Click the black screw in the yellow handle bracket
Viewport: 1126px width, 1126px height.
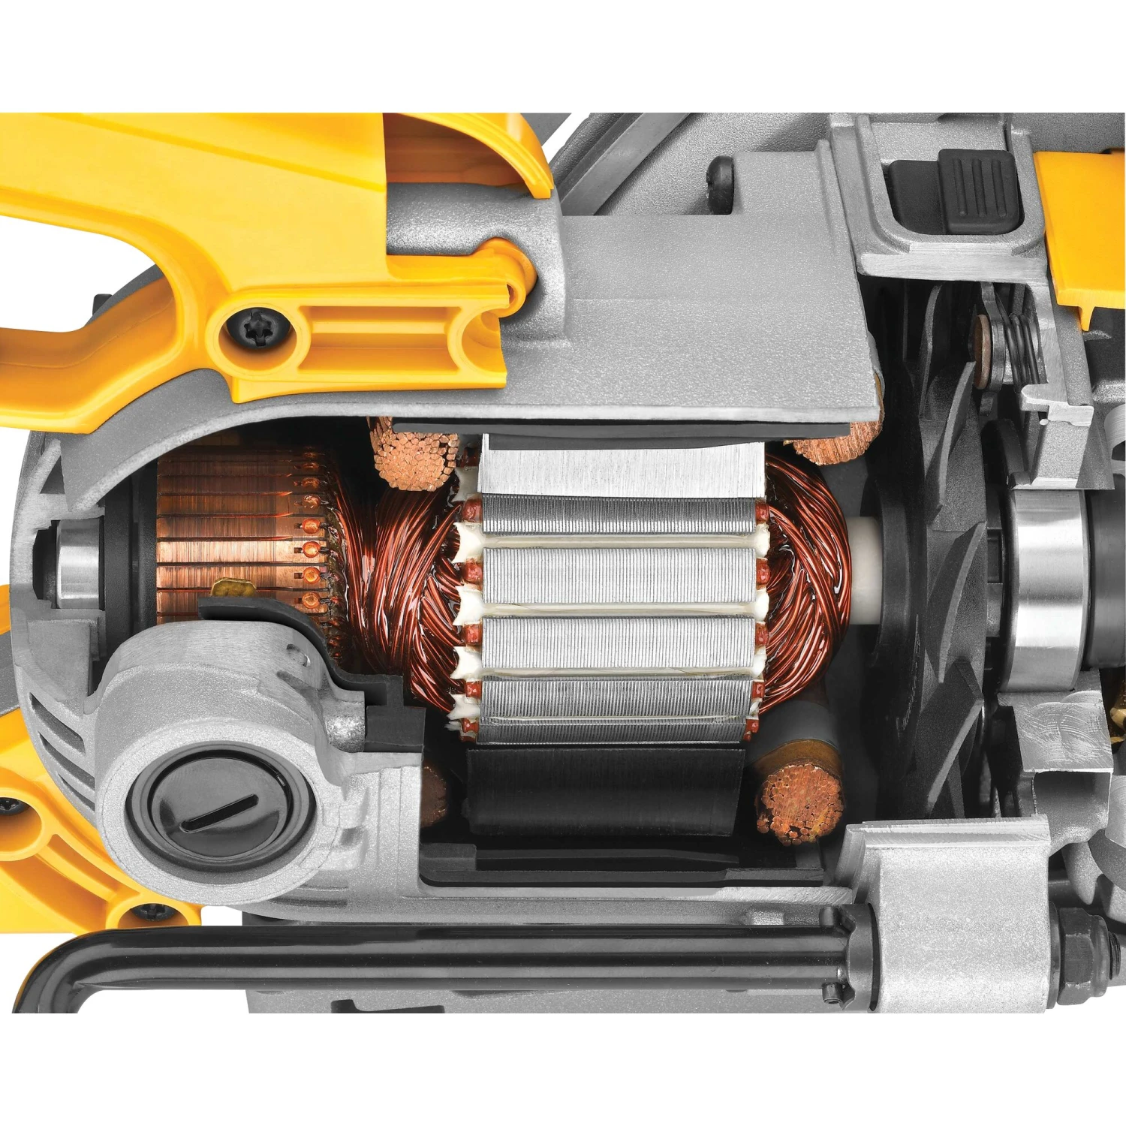pos(258,327)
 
